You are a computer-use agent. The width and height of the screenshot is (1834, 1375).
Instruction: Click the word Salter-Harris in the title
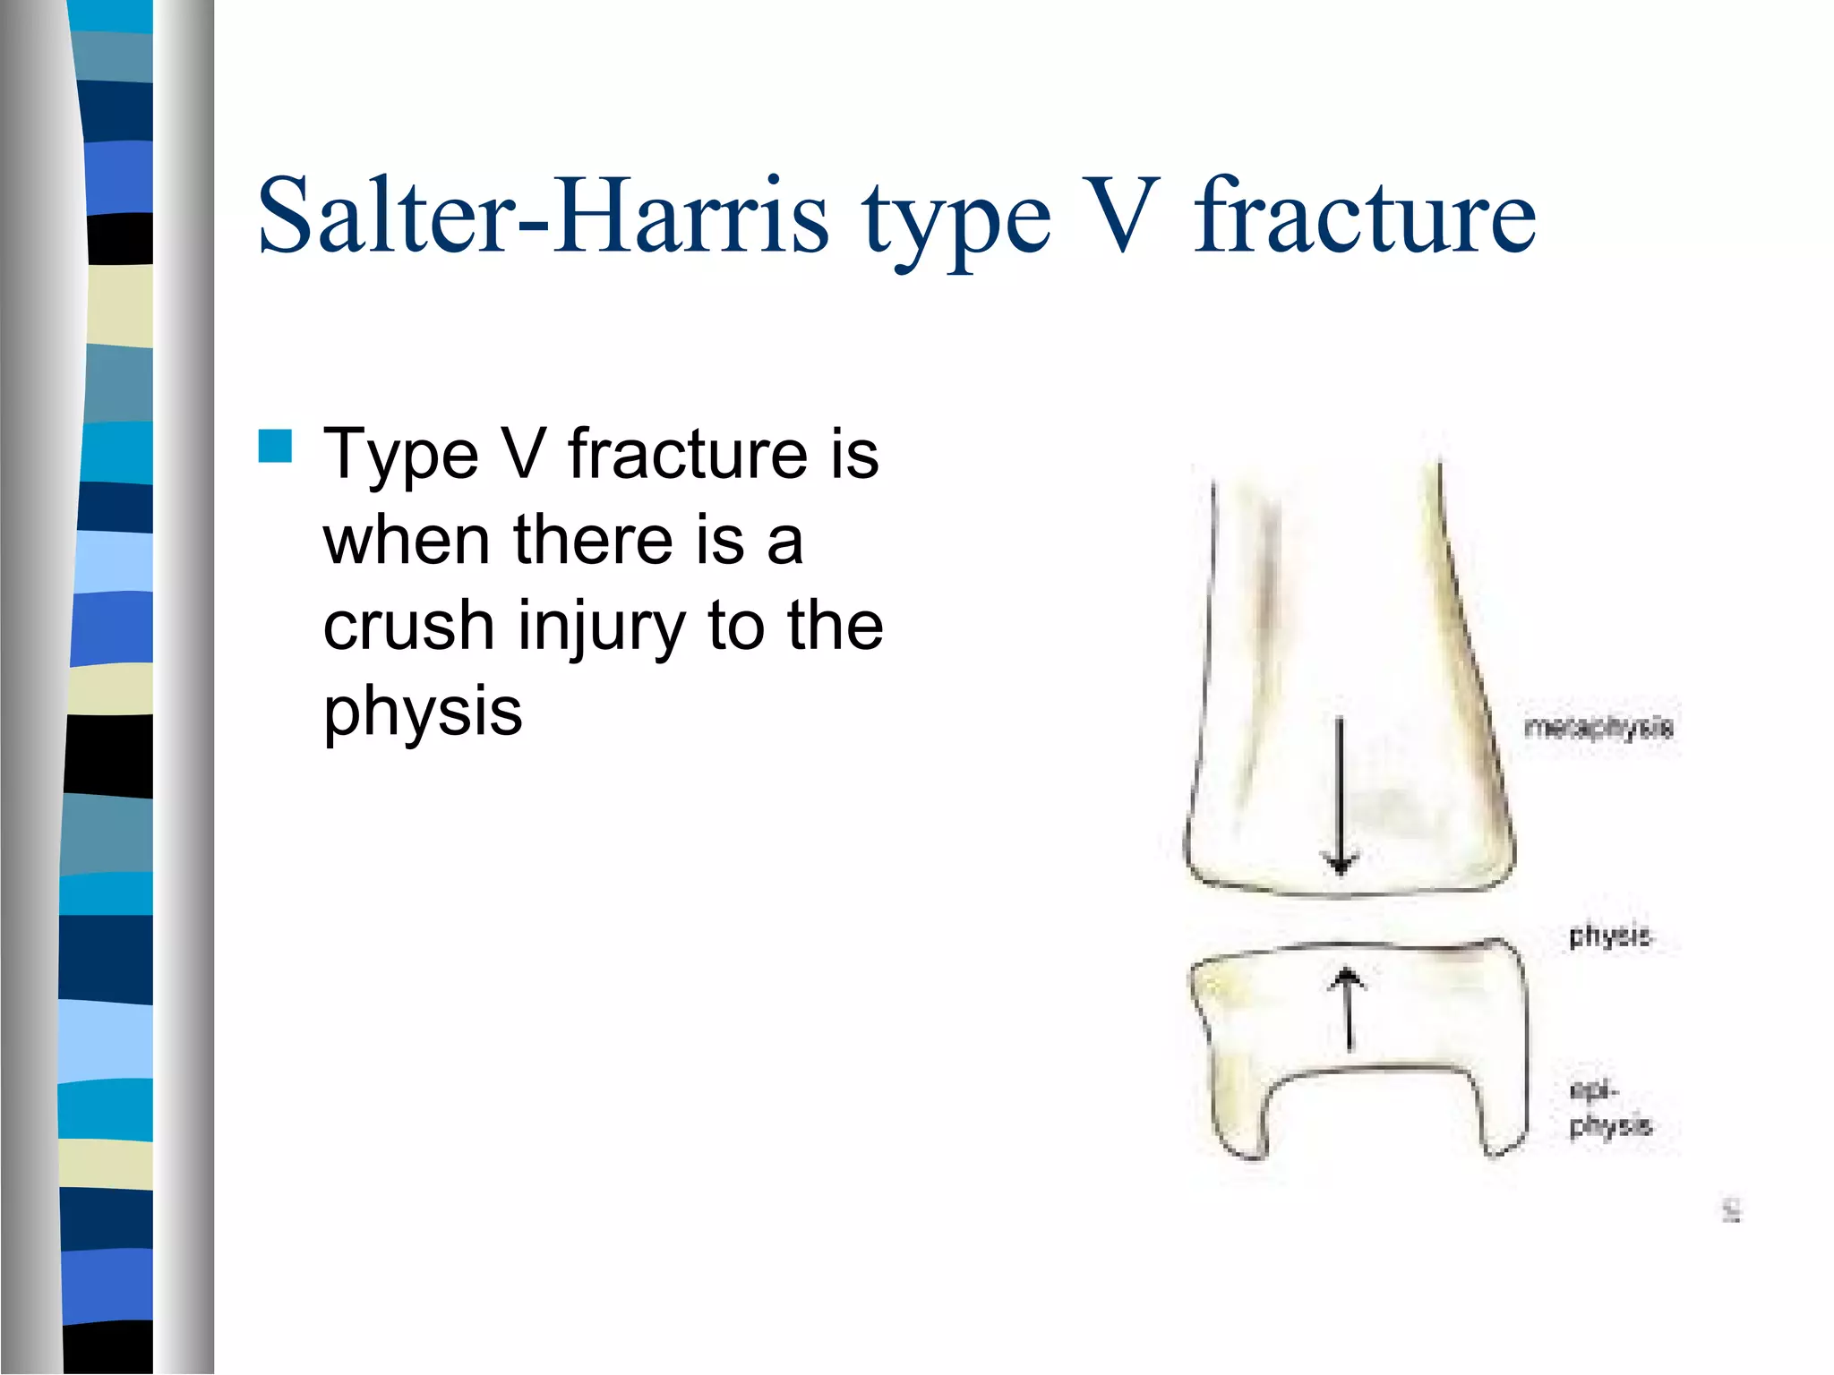(543, 217)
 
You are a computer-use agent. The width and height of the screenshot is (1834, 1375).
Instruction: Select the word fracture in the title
(1365, 217)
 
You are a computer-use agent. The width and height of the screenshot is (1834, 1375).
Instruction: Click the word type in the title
(956, 224)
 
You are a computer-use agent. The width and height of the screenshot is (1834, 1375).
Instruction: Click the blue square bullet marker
(275, 446)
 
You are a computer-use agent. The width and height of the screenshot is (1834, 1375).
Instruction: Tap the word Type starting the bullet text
(400, 455)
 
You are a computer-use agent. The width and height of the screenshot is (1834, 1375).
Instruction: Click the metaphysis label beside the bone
(1598, 727)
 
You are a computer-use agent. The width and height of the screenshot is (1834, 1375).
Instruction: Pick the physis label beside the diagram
(1608, 936)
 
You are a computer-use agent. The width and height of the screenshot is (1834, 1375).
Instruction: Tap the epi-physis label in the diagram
(1608, 1108)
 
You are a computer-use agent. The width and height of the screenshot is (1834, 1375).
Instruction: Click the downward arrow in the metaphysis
(1340, 797)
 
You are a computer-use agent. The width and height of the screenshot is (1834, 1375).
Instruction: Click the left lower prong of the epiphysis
(1240, 1119)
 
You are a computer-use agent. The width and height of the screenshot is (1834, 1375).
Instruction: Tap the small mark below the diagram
(1732, 1212)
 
